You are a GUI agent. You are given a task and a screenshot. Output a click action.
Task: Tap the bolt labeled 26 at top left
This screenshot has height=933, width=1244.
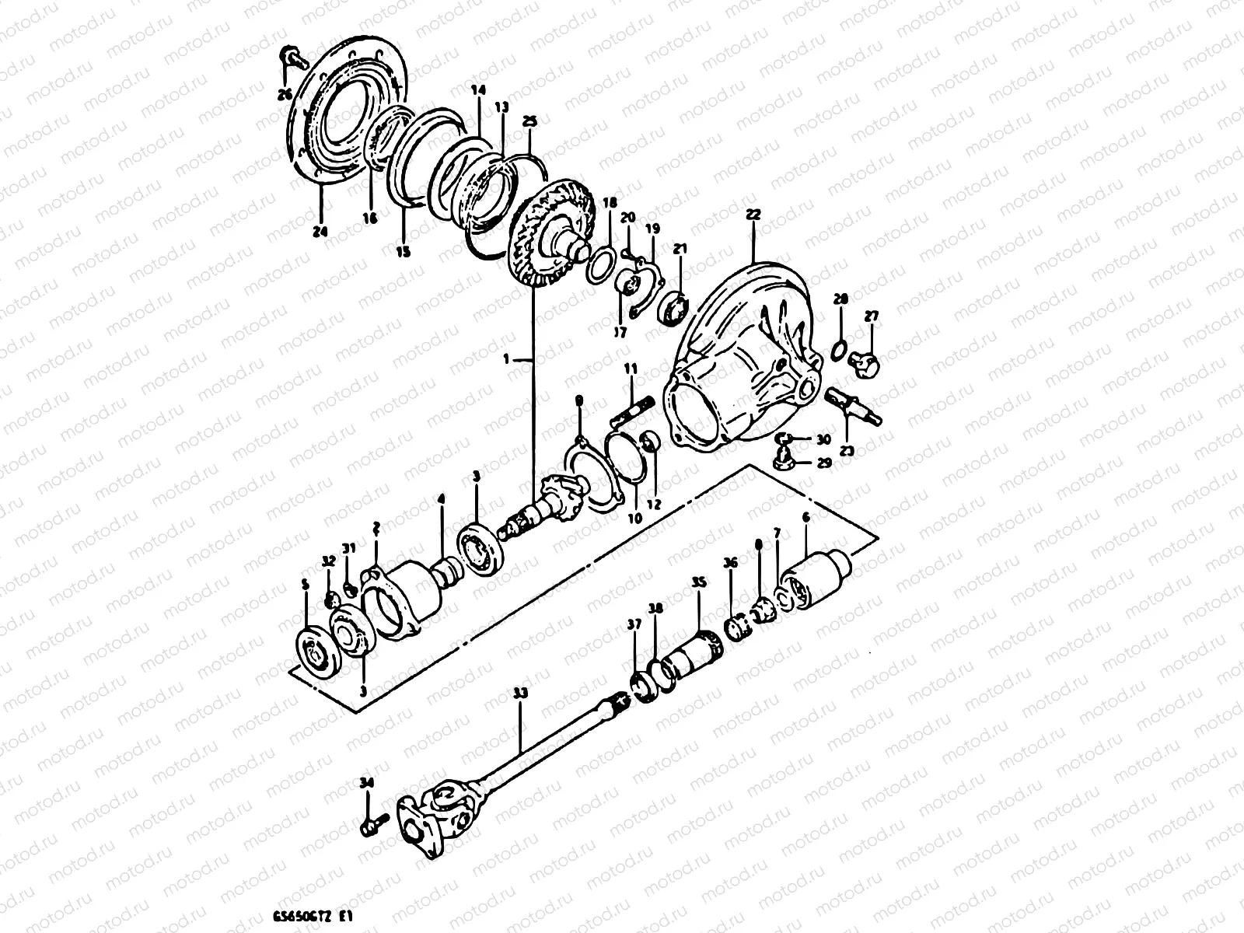[x=291, y=58]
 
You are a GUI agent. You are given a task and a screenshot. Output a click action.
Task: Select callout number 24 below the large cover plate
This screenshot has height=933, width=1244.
[x=320, y=231]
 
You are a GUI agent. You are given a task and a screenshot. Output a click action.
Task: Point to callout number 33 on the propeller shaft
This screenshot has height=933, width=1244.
[x=520, y=691]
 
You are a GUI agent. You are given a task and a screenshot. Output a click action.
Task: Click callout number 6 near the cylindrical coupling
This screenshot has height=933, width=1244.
[x=805, y=517]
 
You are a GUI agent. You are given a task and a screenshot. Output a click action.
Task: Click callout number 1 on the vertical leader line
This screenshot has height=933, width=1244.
[x=506, y=360]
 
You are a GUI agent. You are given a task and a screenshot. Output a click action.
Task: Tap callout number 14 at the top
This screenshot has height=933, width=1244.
[x=477, y=90]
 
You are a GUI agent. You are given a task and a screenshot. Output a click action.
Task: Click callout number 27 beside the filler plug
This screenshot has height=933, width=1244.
[x=870, y=316]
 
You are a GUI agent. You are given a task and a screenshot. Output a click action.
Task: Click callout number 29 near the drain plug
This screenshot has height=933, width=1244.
[x=823, y=463]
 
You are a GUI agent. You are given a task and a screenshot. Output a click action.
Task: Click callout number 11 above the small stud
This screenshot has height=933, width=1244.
[x=630, y=367]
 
